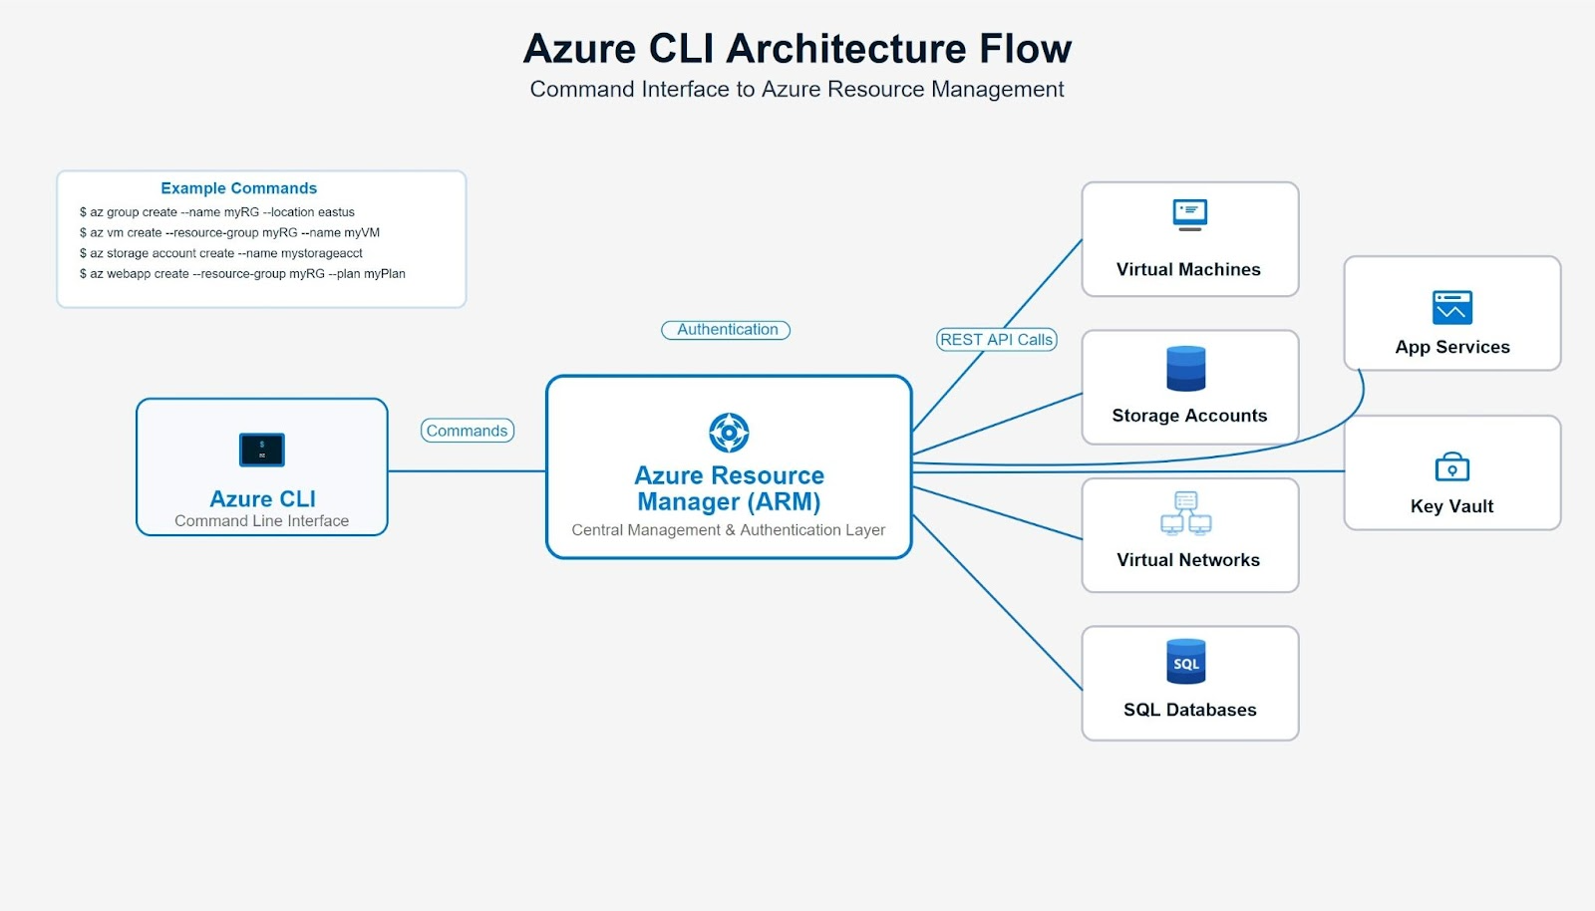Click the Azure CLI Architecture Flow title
pos(797,49)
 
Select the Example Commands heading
pos(238,188)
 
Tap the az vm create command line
pos(229,232)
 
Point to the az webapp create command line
pos(242,273)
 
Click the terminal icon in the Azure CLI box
pos(262,450)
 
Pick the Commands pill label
pos(467,431)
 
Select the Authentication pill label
pos(727,330)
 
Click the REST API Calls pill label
pos(996,340)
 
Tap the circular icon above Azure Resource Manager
pos(729,433)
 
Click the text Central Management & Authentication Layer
pos(728,530)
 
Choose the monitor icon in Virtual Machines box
pos(1189,214)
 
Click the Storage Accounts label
pos(1189,416)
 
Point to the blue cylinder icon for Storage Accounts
pos(1186,369)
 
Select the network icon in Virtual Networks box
pos(1186,512)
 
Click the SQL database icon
pos(1186,662)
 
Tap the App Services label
pos(1451,347)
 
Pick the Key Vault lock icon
pos(1451,466)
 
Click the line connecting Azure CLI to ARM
pos(467,471)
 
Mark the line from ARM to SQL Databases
pos(997,602)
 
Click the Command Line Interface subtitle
pos(261,521)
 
